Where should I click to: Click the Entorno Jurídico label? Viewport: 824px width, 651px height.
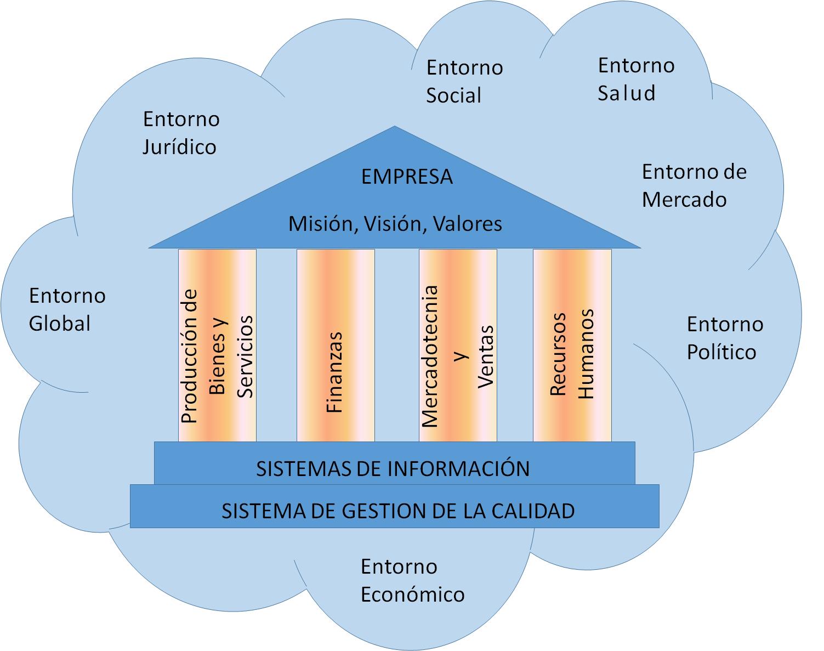point(180,133)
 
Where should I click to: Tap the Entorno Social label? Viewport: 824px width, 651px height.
point(464,81)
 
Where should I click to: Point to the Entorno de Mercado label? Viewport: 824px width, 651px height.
point(694,185)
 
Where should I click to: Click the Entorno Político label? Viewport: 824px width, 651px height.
point(724,338)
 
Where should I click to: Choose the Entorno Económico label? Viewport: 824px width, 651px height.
point(412,580)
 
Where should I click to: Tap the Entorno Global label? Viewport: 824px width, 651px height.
point(67,309)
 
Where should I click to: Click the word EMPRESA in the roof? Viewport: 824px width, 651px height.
point(407,177)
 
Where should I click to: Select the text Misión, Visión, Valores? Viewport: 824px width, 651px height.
point(395,224)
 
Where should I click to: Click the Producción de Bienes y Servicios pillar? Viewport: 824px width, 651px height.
point(217,346)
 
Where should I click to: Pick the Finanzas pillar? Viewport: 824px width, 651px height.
point(336,346)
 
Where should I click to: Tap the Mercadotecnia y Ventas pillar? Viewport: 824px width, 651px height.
point(458,346)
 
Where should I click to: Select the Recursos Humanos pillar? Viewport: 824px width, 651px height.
point(572,346)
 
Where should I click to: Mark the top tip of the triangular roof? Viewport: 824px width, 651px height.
point(394,128)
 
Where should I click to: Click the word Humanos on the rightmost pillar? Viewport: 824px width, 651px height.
point(587,354)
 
